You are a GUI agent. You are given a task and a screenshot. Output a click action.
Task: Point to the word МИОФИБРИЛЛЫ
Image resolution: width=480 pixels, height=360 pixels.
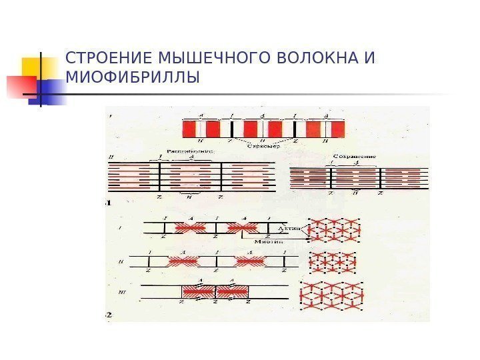coord(133,79)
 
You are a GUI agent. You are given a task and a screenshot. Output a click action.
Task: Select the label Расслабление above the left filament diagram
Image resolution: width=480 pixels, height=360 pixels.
coord(191,152)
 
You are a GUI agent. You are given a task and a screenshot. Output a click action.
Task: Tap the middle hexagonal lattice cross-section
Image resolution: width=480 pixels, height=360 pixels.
coord(333,263)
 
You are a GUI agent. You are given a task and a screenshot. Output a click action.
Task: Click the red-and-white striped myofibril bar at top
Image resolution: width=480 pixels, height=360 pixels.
coord(265,128)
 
